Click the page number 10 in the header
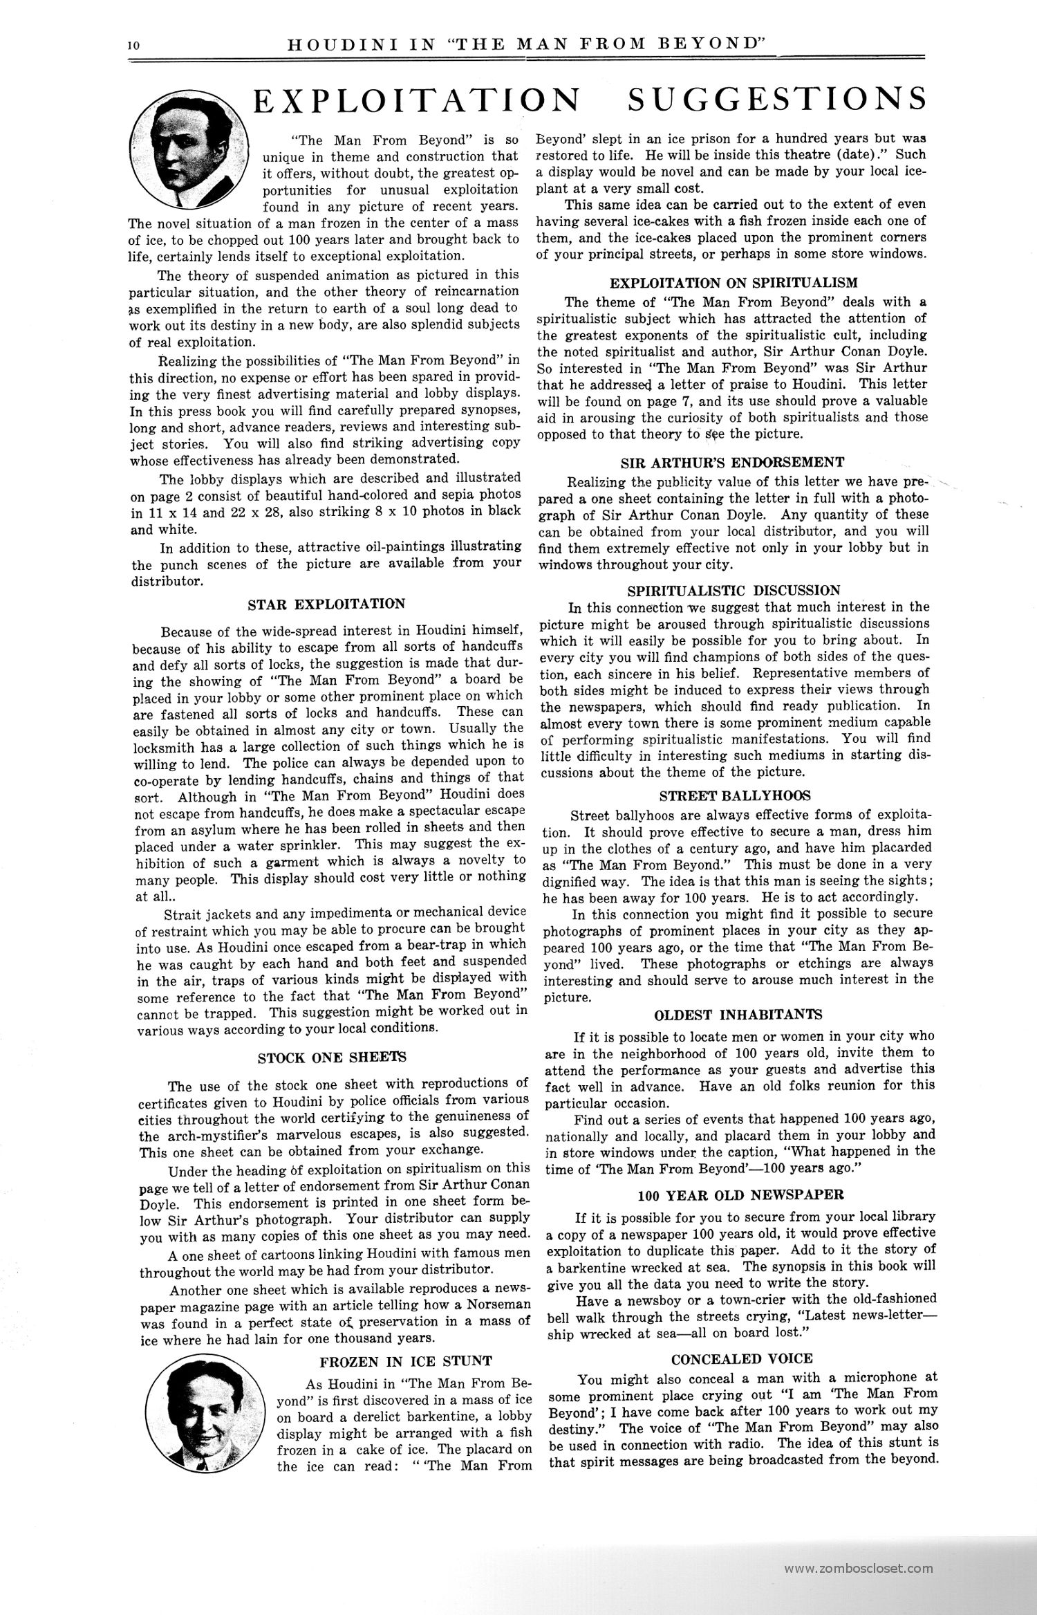click(133, 46)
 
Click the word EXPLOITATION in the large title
click(416, 99)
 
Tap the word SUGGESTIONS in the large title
click(775, 99)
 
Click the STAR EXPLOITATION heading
click(326, 604)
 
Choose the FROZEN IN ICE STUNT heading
click(405, 1361)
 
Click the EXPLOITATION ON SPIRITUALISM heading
click(734, 282)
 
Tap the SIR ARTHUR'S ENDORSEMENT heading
click(732, 462)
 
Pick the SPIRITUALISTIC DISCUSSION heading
click(734, 590)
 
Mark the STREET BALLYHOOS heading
click(735, 795)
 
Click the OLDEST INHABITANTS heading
click(738, 1015)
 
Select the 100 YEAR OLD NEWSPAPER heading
click(740, 1194)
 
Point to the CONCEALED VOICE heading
click(742, 1358)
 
